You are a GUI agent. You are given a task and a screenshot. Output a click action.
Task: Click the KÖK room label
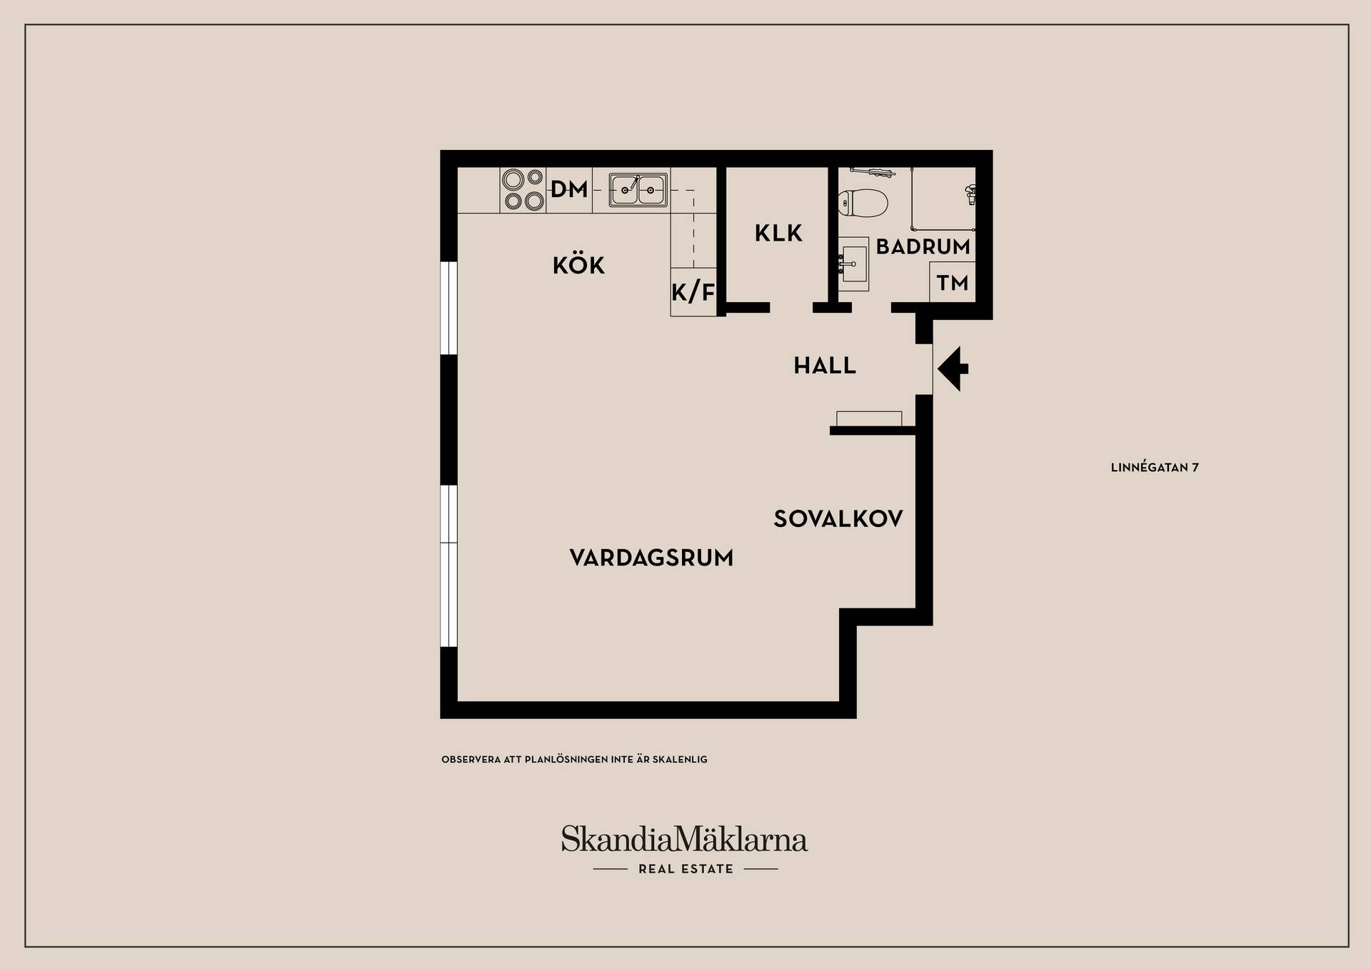pyautogui.click(x=578, y=265)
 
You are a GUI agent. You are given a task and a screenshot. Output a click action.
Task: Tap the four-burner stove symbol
pyautogui.click(x=523, y=190)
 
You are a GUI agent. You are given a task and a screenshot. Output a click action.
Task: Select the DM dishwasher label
pyautogui.click(x=569, y=189)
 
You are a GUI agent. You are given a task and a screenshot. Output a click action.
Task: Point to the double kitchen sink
pyautogui.click(x=638, y=190)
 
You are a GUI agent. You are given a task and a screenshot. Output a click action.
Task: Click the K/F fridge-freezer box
pyautogui.click(x=693, y=292)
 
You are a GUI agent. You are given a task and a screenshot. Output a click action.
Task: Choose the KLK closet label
pyautogui.click(x=778, y=233)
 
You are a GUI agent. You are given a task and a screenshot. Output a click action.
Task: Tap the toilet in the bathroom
pyautogui.click(x=863, y=202)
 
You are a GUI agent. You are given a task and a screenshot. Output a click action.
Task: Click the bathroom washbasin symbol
pyautogui.click(x=853, y=264)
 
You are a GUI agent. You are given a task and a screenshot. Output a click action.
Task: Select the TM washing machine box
pyautogui.click(x=953, y=282)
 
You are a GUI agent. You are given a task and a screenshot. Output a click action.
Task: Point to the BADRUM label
pyautogui.click(x=923, y=246)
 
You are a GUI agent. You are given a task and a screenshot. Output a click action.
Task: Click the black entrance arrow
pyautogui.click(x=953, y=368)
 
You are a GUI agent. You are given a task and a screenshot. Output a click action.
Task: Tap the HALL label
pyautogui.click(x=825, y=366)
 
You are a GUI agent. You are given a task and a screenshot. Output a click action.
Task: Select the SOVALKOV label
pyautogui.click(x=838, y=518)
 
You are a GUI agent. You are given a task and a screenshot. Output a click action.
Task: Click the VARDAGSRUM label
pyautogui.click(x=651, y=558)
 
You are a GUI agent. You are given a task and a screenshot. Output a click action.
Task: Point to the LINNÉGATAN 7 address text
pyautogui.click(x=1155, y=468)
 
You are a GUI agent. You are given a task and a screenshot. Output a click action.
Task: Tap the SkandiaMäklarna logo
pyautogui.click(x=684, y=839)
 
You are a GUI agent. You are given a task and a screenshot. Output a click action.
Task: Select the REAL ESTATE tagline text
pyautogui.click(x=685, y=869)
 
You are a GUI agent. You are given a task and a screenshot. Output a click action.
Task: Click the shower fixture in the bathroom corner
pyautogui.click(x=970, y=194)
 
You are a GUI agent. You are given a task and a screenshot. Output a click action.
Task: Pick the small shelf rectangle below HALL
pyautogui.click(x=869, y=418)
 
